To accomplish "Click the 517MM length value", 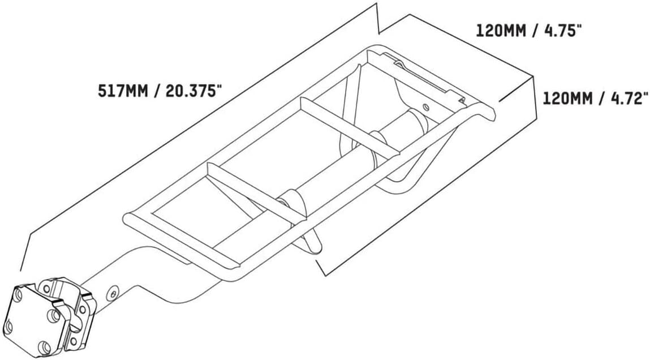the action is click(x=123, y=91).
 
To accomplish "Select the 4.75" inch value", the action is click(x=558, y=31).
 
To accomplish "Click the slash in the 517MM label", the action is click(x=157, y=91).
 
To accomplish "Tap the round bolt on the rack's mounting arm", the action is click(x=112, y=294).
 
